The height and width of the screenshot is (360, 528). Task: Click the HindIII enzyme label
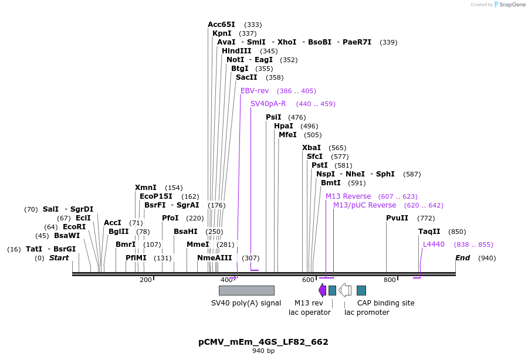tap(236, 51)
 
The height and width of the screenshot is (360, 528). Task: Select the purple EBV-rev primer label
tap(255, 91)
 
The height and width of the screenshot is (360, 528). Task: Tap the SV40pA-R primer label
tap(268, 104)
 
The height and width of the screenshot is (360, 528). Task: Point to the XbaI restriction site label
tap(312, 148)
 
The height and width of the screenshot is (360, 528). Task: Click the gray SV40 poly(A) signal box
tap(246, 290)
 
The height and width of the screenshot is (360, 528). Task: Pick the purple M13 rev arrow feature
tap(322, 290)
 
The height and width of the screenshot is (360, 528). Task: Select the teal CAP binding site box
tap(361, 290)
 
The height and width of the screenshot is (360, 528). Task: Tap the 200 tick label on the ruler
tap(145, 280)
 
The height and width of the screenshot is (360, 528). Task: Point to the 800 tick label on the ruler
tap(390, 280)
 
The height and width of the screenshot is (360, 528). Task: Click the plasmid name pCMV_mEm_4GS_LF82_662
tap(263, 342)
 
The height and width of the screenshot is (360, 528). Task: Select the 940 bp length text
tap(263, 351)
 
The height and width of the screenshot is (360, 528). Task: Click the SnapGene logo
tap(510, 5)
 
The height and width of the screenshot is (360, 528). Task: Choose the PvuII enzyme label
tap(397, 218)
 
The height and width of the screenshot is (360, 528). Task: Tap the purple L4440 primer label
tap(434, 244)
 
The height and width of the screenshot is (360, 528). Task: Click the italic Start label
tap(59, 258)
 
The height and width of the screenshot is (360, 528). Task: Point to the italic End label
tap(463, 258)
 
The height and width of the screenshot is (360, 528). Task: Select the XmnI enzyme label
tap(145, 188)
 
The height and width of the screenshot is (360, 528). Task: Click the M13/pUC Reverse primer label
tap(365, 205)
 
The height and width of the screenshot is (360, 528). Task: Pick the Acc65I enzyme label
tap(221, 25)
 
